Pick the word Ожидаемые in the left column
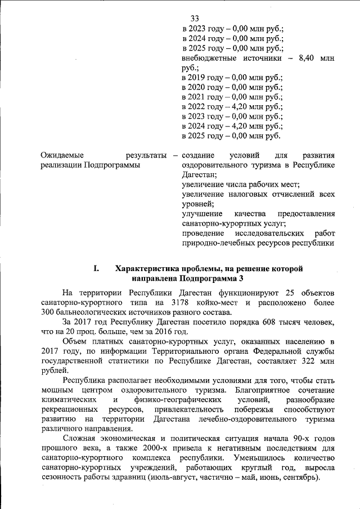(x=62, y=155)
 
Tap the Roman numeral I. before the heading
(x=96, y=268)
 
